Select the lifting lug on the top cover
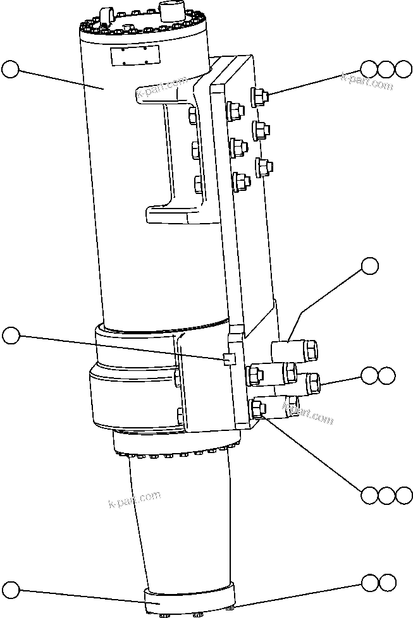point(106,15)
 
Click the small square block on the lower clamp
point(229,359)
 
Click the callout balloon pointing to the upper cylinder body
point(11,68)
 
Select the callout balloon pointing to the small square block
point(11,336)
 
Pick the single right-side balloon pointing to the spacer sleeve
point(370,266)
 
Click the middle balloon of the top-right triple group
point(386,69)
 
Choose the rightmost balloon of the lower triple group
point(404,495)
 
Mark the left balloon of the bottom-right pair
point(370,581)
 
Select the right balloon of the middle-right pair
point(387,375)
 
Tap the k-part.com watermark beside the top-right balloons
point(367,82)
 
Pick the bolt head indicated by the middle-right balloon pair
point(312,382)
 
